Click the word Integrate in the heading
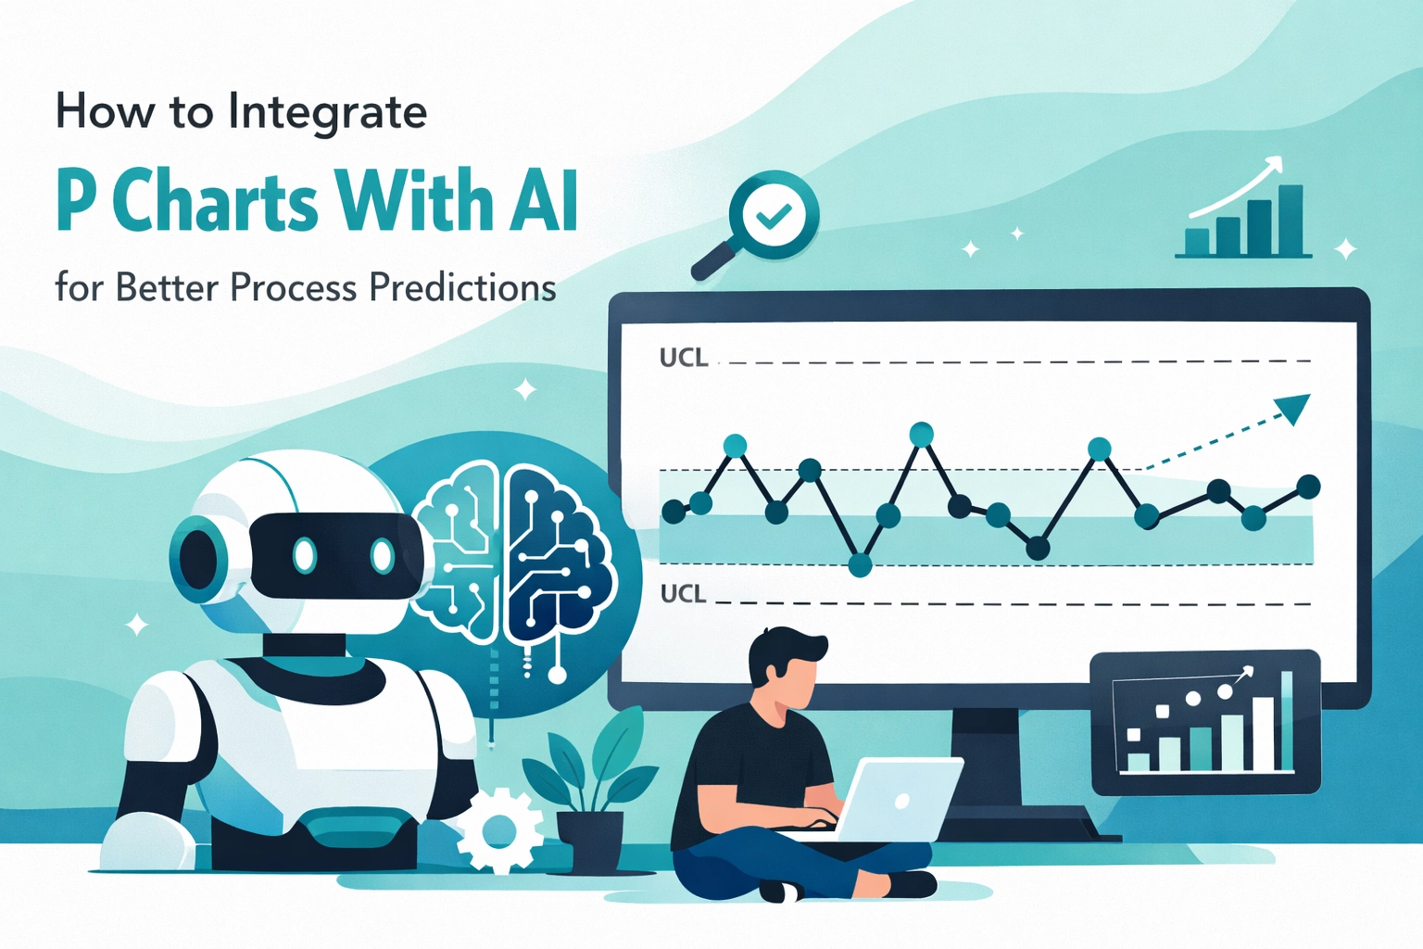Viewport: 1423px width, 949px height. point(327,113)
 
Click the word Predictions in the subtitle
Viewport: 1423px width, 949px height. point(462,287)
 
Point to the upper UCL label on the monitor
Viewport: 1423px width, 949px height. point(684,358)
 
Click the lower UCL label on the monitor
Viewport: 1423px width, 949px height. point(683,594)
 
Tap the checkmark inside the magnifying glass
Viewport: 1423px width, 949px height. point(774,216)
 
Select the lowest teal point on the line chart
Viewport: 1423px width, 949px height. point(860,564)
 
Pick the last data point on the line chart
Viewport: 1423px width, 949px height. point(1308,486)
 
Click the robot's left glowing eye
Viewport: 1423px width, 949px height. point(305,556)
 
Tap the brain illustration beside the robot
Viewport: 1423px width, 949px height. point(514,556)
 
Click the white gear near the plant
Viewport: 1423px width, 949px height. point(499,829)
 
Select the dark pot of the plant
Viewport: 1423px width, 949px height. point(590,840)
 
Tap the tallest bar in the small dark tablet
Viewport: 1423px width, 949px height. point(1286,720)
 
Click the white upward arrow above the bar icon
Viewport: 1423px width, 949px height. point(1241,185)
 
